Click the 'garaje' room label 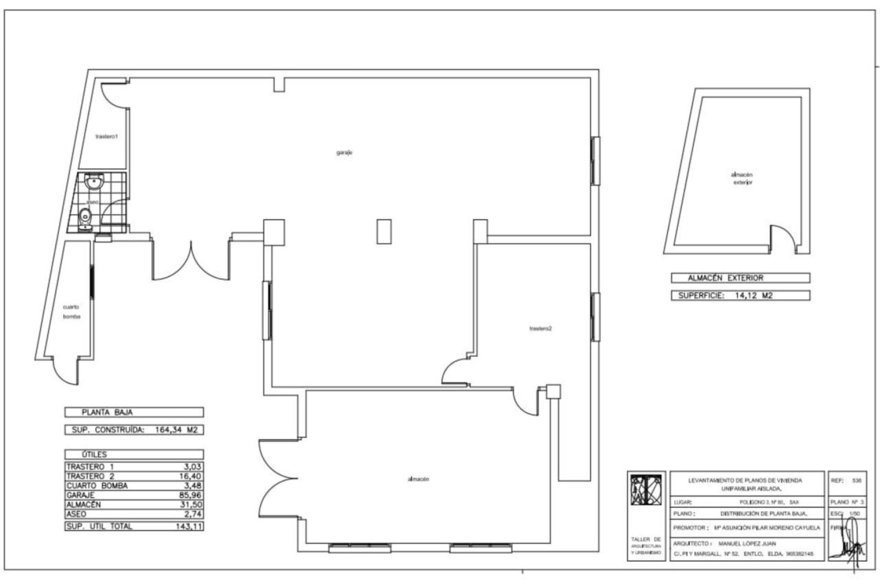[344, 153]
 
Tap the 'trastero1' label [107, 137]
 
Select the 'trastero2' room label [540, 328]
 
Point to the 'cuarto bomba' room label [71, 312]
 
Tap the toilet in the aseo [85, 217]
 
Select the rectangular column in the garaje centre [384, 232]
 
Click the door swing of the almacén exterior [785, 238]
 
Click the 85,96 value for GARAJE [190, 495]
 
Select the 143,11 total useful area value [189, 526]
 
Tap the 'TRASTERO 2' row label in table [90, 476]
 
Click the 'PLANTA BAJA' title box [134, 412]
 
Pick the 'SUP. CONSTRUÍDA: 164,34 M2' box [134, 430]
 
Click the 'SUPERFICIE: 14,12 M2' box [740, 295]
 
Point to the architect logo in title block [646, 490]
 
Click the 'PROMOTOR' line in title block [746, 528]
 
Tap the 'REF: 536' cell [847, 481]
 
